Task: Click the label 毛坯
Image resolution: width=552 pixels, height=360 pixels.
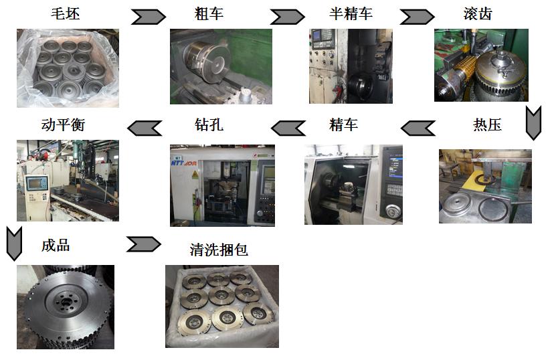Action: click(66, 14)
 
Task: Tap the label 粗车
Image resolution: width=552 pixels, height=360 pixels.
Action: click(209, 14)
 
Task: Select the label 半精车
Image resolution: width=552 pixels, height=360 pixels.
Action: click(351, 14)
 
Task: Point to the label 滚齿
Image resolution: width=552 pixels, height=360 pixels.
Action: click(478, 14)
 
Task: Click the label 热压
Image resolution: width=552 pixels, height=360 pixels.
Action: click(487, 124)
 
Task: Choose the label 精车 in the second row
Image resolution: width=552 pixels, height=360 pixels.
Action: click(344, 124)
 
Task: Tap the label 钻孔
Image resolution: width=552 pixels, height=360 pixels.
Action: click(209, 124)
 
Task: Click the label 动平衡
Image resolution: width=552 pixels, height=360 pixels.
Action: click(63, 124)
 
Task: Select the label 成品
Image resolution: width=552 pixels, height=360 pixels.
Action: click(56, 246)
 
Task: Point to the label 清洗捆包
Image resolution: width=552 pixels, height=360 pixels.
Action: click(219, 250)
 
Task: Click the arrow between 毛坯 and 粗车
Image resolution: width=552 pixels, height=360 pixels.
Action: click(149, 17)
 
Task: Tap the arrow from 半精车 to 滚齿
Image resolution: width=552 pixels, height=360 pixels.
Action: click(417, 17)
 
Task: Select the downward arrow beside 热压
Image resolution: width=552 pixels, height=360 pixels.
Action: click(533, 123)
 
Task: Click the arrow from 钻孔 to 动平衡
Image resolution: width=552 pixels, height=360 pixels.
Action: click(145, 128)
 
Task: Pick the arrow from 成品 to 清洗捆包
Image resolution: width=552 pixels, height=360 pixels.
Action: click(144, 244)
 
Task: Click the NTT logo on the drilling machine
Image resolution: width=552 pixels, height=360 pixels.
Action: click(184, 163)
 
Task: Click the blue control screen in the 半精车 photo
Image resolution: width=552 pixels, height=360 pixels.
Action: click(316, 35)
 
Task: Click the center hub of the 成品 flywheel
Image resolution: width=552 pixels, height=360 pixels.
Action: click(66, 302)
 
